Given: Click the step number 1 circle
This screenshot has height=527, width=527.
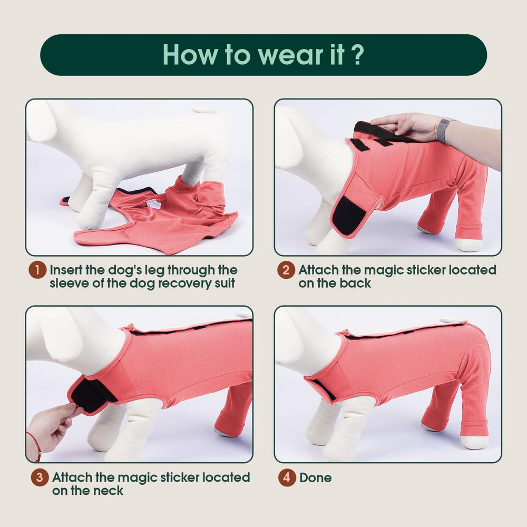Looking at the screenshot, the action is point(37,270).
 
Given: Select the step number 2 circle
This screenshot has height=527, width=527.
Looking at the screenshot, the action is point(286,270).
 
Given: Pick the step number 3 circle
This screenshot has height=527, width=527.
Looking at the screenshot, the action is point(40,477).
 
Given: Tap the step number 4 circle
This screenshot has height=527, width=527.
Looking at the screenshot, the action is point(287,477).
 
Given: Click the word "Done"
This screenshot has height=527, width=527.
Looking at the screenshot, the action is point(315,477).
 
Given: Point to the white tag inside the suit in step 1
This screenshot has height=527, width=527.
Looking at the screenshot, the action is point(153,203).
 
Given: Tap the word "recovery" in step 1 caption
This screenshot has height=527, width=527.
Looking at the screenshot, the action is point(186,283).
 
